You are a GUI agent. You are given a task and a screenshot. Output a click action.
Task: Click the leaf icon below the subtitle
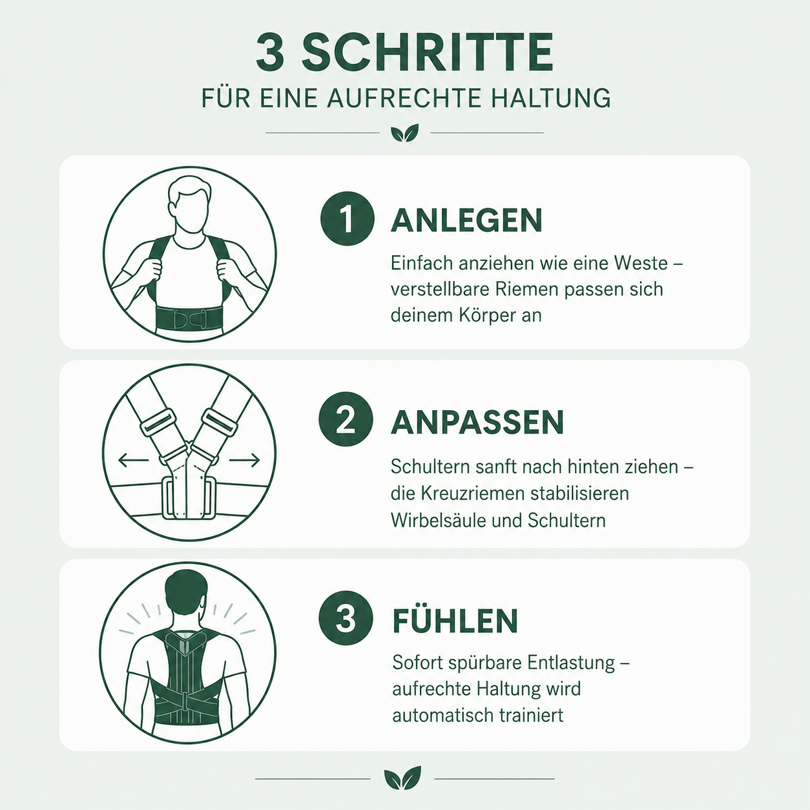[405, 132]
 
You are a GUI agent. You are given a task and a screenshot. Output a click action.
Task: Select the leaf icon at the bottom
[402, 778]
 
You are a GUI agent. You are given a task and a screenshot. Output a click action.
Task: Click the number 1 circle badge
[348, 218]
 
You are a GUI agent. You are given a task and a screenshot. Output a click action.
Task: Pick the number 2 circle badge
[346, 419]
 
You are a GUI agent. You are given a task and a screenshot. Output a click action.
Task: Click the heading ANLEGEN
[466, 220]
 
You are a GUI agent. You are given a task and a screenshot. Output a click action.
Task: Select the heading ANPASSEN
[477, 422]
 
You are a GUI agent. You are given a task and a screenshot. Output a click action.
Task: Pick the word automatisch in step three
[442, 715]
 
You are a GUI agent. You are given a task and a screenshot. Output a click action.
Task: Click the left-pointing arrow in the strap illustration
[134, 461]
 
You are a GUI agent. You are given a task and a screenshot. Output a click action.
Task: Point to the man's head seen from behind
[187, 590]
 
